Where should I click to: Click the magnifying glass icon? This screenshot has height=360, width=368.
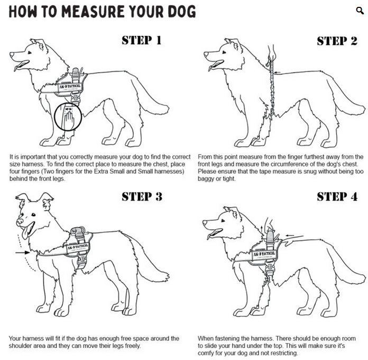360,11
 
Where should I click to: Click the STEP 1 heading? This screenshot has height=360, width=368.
142,40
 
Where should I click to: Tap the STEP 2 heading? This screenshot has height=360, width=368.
337,41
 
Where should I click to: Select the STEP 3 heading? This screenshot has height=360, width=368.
142,197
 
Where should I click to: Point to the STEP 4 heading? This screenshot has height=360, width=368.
337,197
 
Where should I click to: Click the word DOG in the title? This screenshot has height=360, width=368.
182,12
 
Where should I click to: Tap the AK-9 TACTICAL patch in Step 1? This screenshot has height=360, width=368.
70,86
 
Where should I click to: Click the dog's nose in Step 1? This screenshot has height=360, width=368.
12,55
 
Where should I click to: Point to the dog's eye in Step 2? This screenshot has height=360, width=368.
224,52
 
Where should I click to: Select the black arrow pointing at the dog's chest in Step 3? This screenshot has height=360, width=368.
23,253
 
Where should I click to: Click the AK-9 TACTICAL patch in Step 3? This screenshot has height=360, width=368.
77,248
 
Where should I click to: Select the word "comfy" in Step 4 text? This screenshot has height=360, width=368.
206,353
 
